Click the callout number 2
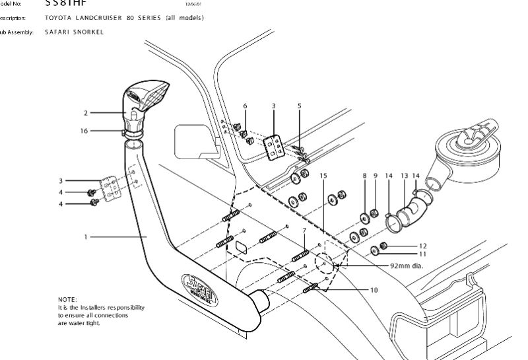pos(86,113)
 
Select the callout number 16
pos(84,131)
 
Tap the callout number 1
pos(85,236)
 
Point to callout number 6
pos(245,106)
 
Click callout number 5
pos(299,106)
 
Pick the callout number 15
pos(323,176)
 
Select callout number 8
pos(364,176)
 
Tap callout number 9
pos(375,176)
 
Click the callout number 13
pos(404,176)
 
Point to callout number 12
pos(423,246)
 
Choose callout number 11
pos(423,254)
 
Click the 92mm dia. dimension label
pos(405,266)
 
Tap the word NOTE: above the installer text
pos(67,300)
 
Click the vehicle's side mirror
pos(193,141)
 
